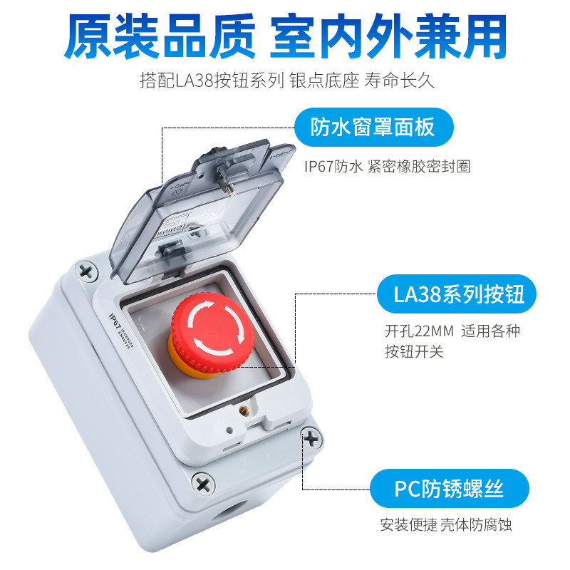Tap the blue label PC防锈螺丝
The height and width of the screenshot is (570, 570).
(x=449, y=489)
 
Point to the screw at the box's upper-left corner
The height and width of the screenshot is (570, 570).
(x=87, y=271)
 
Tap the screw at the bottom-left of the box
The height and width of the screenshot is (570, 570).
(x=204, y=484)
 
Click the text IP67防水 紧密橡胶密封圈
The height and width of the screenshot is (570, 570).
(x=387, y=166)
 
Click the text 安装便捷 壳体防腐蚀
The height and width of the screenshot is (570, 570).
(x=445, y=526)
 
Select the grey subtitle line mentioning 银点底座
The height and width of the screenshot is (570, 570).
(x=287, y=80)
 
